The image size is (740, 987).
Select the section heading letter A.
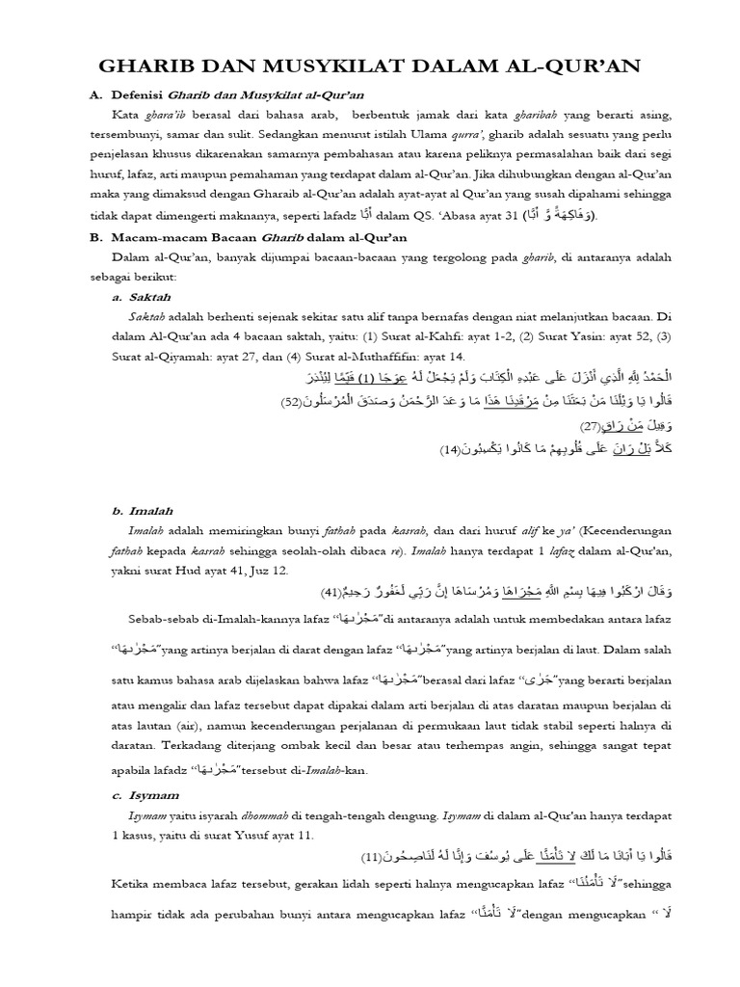pos(94,94)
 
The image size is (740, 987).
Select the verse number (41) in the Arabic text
pos(332,590)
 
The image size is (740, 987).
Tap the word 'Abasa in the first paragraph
pos(454,215)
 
